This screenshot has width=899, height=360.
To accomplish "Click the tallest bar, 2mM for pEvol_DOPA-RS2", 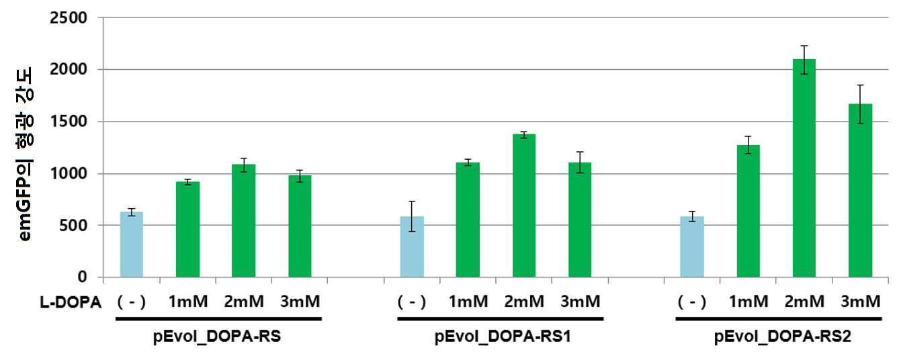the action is [x=804, y=168].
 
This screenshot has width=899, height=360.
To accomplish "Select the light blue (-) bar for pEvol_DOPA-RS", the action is [x=132, y=244].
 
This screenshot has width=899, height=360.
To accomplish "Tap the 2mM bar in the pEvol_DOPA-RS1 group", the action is [x=524, y=206].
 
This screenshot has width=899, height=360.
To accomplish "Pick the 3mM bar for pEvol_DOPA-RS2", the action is [x=861, y=191].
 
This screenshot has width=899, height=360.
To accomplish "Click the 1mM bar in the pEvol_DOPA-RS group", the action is [x=188, y=230].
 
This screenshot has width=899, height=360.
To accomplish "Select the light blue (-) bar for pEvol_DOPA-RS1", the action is [x=412, y=246].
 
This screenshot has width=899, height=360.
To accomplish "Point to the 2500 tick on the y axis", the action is [x=69, y=17].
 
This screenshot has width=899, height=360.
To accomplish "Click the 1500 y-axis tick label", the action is [x=69, y=121].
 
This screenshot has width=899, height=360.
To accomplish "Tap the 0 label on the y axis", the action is [x=82, y=277].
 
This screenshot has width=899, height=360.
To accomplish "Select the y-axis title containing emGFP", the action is [x=25, y=154].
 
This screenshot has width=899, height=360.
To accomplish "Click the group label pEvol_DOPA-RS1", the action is [x=503, y=336].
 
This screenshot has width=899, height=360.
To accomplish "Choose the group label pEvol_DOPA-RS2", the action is [x=783, y=336].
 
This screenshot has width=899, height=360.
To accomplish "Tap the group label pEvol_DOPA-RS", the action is [x=217, y=336].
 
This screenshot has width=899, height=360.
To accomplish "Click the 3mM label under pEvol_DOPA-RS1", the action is [x=581, y=302].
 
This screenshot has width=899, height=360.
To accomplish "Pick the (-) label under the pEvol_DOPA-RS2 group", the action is [x=692, y=302].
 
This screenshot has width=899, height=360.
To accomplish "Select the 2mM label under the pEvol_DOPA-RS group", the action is [x=244, y=302].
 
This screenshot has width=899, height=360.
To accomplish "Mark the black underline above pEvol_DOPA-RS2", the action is [x=779, y=319].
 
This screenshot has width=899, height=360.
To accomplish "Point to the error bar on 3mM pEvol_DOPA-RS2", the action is [x=861, y=104].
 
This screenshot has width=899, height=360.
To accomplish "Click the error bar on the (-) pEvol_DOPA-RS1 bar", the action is [x=412, y=216].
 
